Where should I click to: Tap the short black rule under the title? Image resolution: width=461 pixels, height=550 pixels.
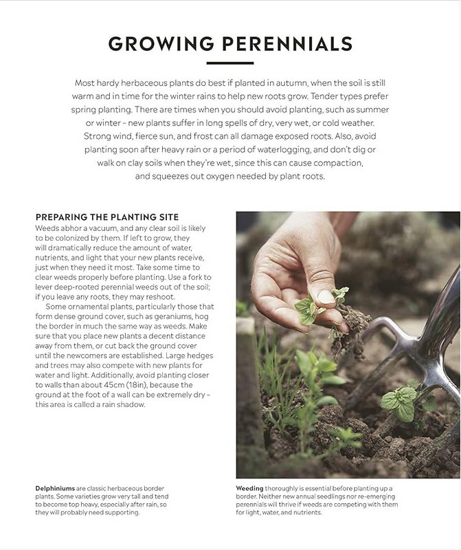point(230,63)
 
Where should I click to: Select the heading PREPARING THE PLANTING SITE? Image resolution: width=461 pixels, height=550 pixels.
point(107,217)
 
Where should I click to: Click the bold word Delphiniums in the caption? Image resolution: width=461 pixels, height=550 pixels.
point(56,488)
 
